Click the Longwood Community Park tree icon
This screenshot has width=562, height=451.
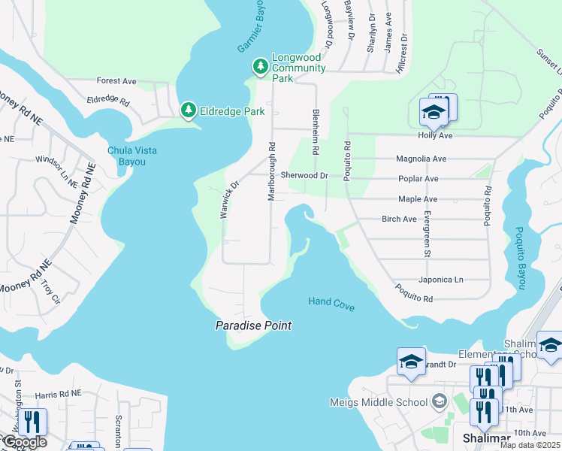(x=260, y=68)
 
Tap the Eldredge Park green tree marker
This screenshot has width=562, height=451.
(x=189, y=111)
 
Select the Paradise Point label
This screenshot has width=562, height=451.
(x=253, y=325)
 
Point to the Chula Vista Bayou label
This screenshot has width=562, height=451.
(x=132, y=156)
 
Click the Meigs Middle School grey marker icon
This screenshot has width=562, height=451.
(x=440, y=402)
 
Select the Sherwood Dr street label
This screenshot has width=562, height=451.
(x=304, y=175)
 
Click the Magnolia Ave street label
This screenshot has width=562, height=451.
(x=421, y=159)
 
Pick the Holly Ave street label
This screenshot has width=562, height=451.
(x=435, y=136)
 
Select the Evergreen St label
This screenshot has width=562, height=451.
(x=426, y=235)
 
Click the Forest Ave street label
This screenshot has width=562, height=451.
(x=116, y=81)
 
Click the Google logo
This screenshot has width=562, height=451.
(x=24, y=442)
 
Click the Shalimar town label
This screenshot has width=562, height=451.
(x=486, y=438)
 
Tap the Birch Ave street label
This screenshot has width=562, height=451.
(x=399, y=219)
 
